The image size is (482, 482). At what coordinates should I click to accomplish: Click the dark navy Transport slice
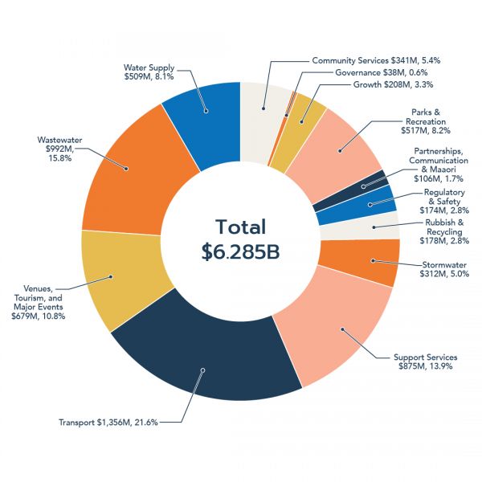point(205,357)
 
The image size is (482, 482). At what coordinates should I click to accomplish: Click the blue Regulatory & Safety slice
point(357,205)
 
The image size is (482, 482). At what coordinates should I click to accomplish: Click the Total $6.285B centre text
point(240,239)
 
